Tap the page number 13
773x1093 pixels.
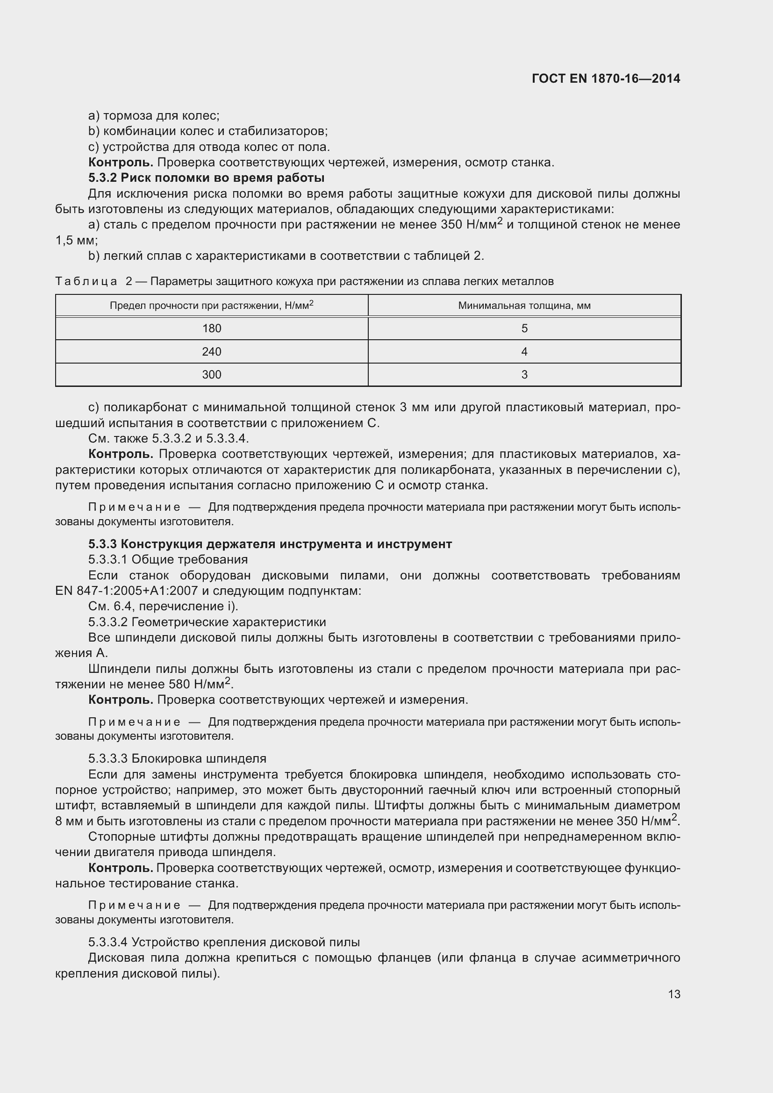[x=674, y=994]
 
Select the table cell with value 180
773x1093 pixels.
[x=211, y=329]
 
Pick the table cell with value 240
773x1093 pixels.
[x=211, y=352]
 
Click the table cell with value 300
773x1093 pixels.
[x=211, y=375]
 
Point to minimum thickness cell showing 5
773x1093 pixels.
[x=524, y=329]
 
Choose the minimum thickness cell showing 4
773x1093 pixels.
[x=524, y=352]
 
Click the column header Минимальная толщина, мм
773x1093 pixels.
[x=524, y=306]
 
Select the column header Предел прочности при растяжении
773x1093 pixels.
[x=211, y=306]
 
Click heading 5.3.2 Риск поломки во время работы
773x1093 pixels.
[x=206, y=178]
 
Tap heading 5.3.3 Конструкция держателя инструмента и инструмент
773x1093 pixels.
[x=270, y=544]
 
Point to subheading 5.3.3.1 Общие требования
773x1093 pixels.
[x=168, y=559]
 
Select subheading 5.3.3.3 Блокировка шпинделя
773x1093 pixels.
[x=177, y=758]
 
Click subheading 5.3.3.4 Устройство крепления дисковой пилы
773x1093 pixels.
[x=224, y=942]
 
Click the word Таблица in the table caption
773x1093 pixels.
[x=86, y=282]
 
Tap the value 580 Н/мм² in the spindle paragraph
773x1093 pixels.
[x=200, y=685]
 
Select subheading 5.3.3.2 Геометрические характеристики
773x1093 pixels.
[x=207, y=622]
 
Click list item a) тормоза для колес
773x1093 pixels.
[x=154, y=116]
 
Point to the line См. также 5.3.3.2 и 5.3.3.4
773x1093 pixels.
[x=169, y=438]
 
